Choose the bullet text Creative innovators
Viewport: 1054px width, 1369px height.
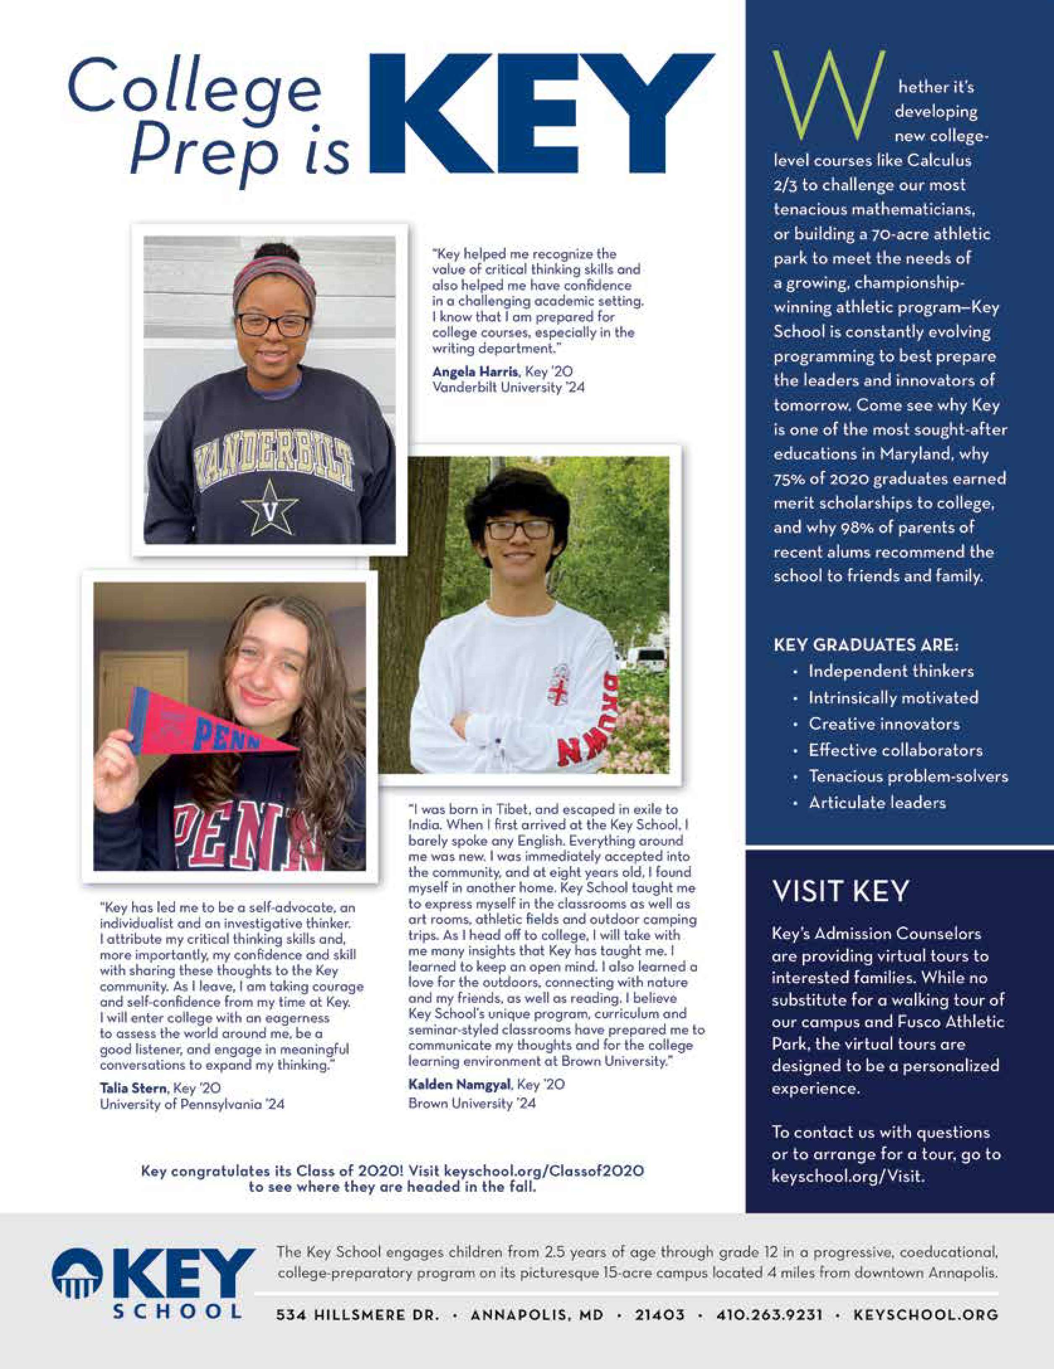(884, 724)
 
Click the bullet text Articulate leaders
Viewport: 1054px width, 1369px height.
(877, 803)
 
